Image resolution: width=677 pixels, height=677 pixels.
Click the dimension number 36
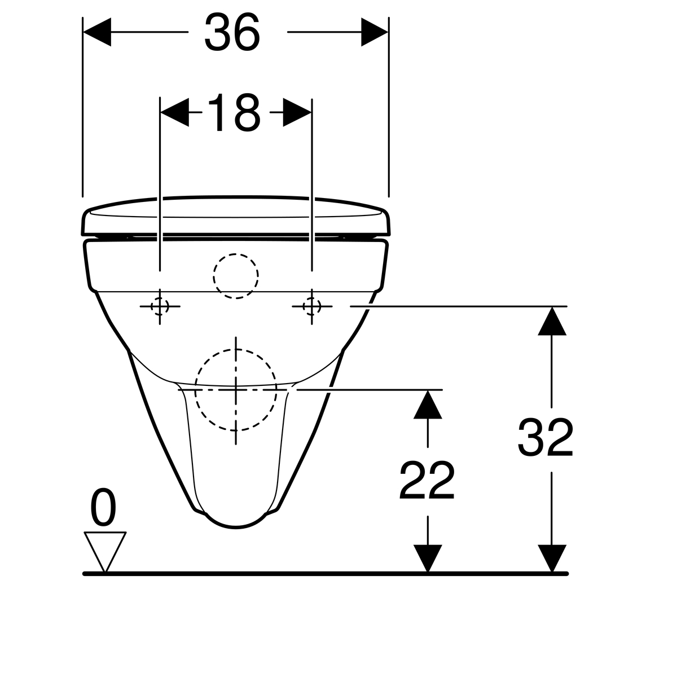coord(232,32)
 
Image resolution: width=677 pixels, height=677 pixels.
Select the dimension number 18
coord(234,112)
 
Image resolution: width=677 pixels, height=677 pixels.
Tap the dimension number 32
coord(545,437)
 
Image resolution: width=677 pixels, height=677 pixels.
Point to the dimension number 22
coord(427,480)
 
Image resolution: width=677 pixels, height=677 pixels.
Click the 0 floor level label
coord(103,507)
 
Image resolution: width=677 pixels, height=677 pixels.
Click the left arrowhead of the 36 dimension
coord(97,32)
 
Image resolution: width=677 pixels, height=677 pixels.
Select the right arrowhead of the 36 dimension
coord(375,32)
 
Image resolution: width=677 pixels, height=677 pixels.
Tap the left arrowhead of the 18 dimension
coord(174,112)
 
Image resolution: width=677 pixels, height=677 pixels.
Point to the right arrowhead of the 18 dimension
coord(297,112)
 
